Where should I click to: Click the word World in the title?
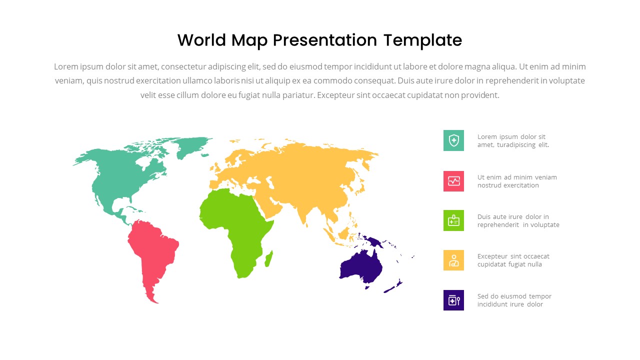(201, 40)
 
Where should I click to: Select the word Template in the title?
(422, 41)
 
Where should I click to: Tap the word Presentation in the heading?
(325, 41)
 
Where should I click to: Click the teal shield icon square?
(453, 140)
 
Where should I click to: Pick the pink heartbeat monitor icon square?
(453, 181)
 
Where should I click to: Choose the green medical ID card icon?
(453, 220)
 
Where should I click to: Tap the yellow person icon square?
(453, 260)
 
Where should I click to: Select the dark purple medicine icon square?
(453, 300)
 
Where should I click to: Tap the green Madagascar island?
(268, 259)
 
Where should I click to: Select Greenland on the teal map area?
(192, 145)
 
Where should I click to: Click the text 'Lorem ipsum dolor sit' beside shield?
(511, 137)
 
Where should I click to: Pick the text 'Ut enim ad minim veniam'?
(517, 177)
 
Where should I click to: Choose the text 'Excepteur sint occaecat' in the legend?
(513, 256)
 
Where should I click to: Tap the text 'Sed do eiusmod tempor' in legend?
(514, 296)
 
